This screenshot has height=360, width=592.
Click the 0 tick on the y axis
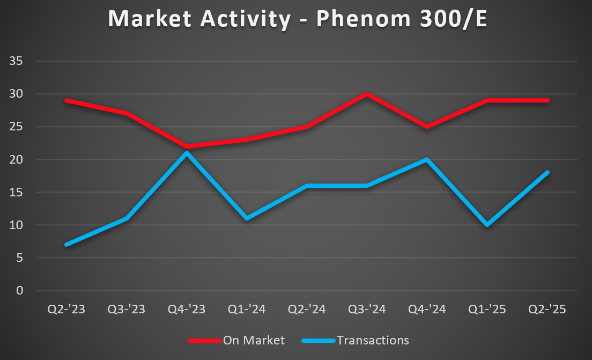(20, 291)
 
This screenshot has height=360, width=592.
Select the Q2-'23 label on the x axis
(66, 310)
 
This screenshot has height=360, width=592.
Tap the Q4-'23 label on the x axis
(187, 310)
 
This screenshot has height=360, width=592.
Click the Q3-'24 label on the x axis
(367, 310)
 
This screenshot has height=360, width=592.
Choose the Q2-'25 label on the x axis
(547, 310)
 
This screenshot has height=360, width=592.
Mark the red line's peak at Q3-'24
(367, 94)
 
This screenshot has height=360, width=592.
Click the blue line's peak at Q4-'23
(187, 153)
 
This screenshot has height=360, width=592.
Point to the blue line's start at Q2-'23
(66, 245)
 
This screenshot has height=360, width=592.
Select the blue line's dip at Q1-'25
(487, 225)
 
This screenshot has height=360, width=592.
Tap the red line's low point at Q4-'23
(187, 146)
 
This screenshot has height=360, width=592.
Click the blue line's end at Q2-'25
(547, 173)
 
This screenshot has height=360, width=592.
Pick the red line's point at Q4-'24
(427, 127)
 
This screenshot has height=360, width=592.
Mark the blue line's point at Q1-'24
(247, 218)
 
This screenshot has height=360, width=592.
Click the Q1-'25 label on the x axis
(487, 310)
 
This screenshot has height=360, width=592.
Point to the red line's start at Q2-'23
(66, 100)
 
